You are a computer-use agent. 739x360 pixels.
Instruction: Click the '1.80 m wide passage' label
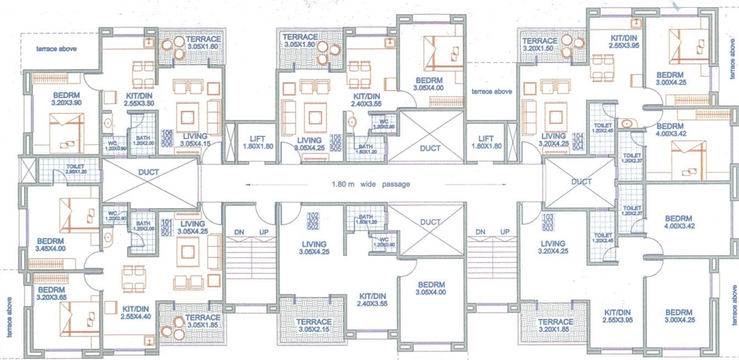click(370, 184)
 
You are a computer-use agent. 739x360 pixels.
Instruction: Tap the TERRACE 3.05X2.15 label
click(314, 325)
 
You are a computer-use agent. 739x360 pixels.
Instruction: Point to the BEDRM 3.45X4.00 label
click(50, 245)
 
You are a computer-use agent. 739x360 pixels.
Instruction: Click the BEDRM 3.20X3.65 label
click(51, 293)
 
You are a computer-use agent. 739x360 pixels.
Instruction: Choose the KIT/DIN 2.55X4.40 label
click(135, 313)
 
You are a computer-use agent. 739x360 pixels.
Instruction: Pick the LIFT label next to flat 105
click(258, 143)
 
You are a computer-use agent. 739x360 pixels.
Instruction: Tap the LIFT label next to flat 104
click(486, 142)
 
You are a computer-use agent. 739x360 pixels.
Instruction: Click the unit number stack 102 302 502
click(313, 221)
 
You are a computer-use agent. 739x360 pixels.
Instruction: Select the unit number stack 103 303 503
click(548, 223)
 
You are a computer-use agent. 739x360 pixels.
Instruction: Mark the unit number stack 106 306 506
click(167, 138)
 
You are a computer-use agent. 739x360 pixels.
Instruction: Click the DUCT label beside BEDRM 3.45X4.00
click(149, 172)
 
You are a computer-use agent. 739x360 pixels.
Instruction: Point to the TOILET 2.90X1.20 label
click(75, 169)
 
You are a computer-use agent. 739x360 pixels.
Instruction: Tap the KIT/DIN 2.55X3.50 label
click(139, 100)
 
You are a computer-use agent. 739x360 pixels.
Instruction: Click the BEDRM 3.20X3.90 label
click(66, 99)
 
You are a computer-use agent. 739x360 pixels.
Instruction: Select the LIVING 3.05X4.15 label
click(195, 140)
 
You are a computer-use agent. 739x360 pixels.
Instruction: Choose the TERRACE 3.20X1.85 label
click(555, 325)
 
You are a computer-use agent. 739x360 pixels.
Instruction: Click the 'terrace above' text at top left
click(56, 49)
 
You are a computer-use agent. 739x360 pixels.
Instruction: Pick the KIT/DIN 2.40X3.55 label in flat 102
click(372, 300)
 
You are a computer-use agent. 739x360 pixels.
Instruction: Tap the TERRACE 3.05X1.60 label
click(203, 43)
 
